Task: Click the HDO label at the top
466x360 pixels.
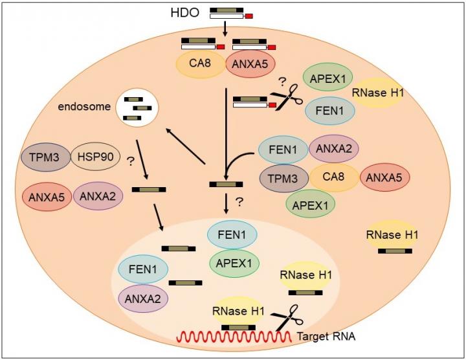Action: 192,12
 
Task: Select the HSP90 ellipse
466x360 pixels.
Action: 94,157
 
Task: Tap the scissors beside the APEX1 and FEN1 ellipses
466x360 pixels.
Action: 282,98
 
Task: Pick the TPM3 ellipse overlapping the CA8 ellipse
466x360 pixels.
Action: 283,177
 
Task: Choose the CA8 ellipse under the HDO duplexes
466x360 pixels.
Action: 200,65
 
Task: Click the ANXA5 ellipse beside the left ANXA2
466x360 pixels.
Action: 46,196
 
